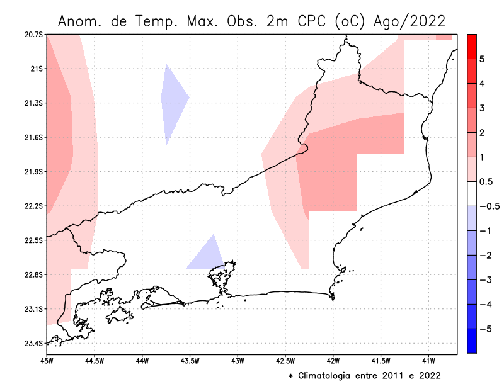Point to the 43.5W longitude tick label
[x=189, y=361]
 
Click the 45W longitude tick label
[x=46, y=361]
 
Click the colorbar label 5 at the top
[x=481, y=59]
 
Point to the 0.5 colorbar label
[x=485, y=181]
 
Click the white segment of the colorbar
[x=471, y=193]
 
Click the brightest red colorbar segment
[x=471, y=46]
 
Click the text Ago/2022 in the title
[x=409, y=21]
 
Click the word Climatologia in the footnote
[x=331, y=376]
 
